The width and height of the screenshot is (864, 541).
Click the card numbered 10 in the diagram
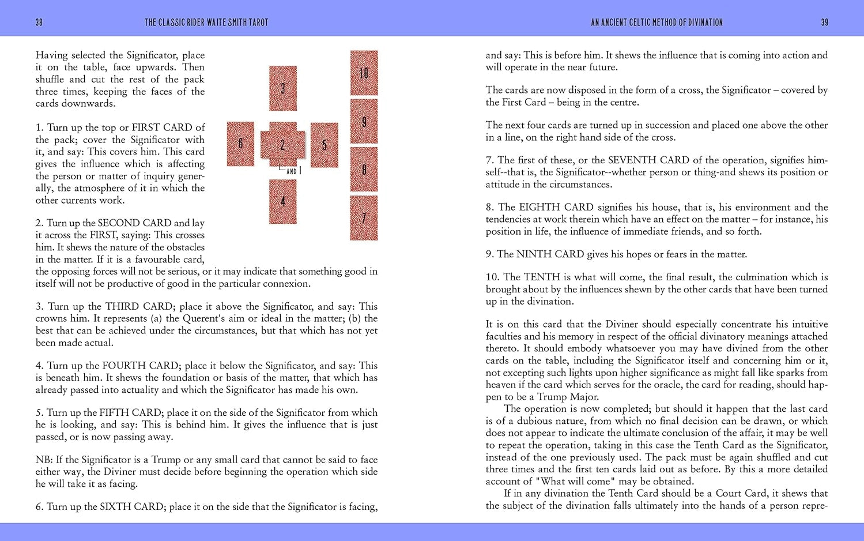(x=364, y=73)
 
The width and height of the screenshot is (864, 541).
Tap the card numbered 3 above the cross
(x=283, y=88)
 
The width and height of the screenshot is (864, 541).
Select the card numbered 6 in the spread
(x=240, y=144)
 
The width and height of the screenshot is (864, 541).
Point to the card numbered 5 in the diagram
(x=325, y=145)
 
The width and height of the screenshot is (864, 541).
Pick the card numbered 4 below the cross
(x=283, y=201)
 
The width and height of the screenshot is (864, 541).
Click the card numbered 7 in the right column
(x=364, y=217)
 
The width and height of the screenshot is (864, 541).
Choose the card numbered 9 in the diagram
(x=364, y=121)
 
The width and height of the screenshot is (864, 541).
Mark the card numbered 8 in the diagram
(x=364, y=169)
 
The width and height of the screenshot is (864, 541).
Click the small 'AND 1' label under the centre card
(x=293, y=171)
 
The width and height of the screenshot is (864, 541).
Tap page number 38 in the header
(x=39, y=22)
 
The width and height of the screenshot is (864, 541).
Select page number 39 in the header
(x=824, y=22)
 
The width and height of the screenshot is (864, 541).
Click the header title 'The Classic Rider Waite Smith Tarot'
(x=206, y=22)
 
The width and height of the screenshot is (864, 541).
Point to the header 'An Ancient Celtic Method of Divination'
(x=657, y=22)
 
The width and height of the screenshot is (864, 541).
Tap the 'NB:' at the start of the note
(x=44, y=460)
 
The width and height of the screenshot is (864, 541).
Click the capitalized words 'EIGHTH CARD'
(x=556, y=207)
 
